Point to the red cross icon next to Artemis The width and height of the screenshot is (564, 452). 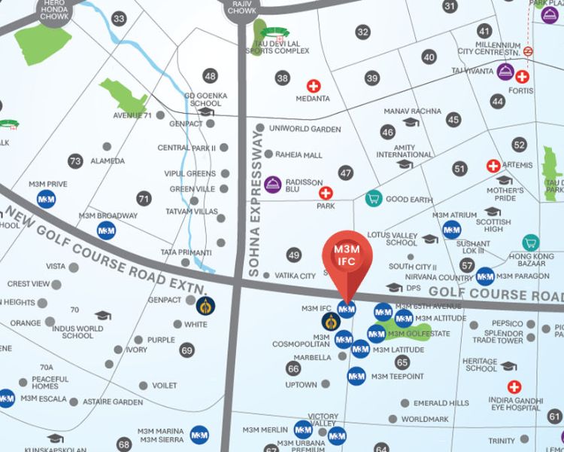pyautogui.click(x=493, y=166)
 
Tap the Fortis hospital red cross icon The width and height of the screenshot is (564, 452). pyautogui.click(x=522, y=77)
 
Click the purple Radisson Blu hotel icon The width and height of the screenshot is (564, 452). pyautogui.click(x=273, y=183)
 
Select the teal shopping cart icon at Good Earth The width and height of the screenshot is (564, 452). pyautogui.click(x=372, y=199)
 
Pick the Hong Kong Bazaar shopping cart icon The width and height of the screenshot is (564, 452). pyautogui.click(x=531, y=243)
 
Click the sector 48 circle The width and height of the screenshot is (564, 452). pyautogui.click(x=210, y=75)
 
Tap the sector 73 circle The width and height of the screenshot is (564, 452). pyautogui.click(x=74, y=160)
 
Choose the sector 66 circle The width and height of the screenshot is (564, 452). pyautogui.click(x=293, y=368)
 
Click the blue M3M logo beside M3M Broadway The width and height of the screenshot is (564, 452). pyautogui.click(x=106, y=230)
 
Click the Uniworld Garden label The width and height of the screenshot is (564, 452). pyautogui.click(x=305, y=129)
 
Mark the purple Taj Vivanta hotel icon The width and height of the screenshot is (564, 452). pyautogui.click(x=506, y=71)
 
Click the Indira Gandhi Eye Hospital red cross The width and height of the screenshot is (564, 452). pyautogui.click(x=514, y=386)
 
